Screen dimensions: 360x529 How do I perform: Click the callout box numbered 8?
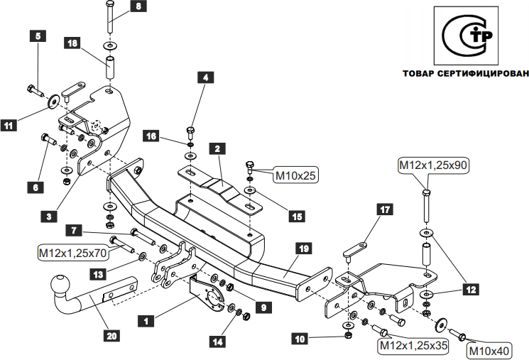(138, 7)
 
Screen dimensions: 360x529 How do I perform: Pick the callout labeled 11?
(9, 126)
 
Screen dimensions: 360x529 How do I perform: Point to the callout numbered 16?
(151, 136)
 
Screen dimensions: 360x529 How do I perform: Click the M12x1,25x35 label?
(413, 346)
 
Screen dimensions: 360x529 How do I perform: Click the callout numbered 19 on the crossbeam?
(303, 249)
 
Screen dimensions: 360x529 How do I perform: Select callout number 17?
(385, 209)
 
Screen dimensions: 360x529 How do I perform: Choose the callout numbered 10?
(299, 339)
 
